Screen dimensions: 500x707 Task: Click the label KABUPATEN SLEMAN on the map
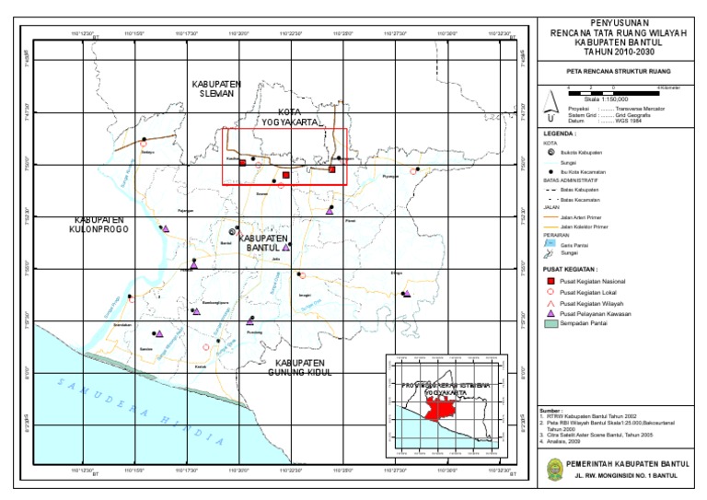coord(216,87)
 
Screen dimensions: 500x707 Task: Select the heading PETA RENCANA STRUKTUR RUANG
coord(617,71)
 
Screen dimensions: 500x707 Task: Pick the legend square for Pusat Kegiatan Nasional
coord(550,280)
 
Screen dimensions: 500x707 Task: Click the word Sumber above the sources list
coord(551,409)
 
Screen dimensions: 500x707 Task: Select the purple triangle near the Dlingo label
coord(405,294)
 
